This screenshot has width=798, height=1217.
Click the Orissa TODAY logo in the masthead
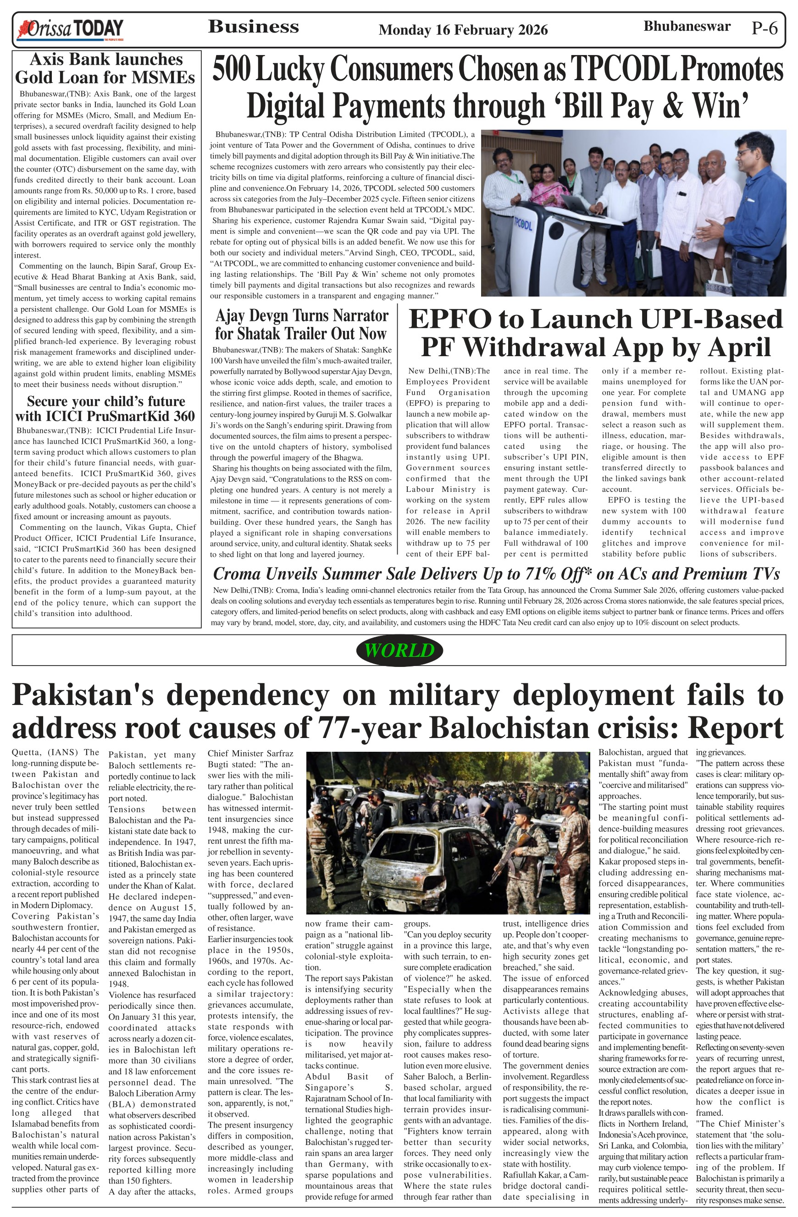point(71,30)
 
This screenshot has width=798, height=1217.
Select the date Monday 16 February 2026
point(463,30)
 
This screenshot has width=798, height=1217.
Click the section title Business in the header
point(253,27)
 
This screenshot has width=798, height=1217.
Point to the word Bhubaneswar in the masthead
point(687,27)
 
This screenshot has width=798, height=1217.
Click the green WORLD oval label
point(399,650)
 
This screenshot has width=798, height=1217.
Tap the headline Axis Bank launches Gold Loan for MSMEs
point(105,68)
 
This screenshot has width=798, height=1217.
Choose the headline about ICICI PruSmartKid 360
point(105,408)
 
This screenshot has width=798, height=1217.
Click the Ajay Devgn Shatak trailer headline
point(301,324)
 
